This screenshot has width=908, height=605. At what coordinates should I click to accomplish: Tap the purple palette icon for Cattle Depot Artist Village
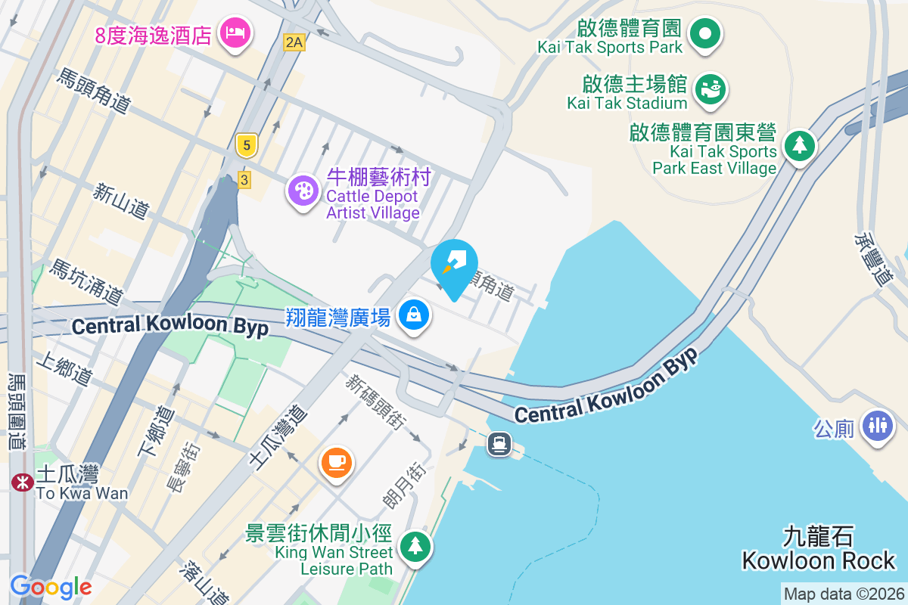coord(303,191)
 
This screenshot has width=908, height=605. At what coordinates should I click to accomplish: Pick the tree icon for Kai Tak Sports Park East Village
coord(799,144)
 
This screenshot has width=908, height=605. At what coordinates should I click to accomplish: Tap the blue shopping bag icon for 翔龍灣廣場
coord(414,315)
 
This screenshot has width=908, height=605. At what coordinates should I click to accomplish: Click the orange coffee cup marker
coord(337,461)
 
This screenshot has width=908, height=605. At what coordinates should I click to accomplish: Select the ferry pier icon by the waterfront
coord(499,443)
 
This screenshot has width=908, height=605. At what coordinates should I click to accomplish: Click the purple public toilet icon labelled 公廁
coord(877,424)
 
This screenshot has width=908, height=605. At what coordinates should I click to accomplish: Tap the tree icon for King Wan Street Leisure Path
coord(414,545)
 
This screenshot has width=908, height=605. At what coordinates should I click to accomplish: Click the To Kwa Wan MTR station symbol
coord(23,481)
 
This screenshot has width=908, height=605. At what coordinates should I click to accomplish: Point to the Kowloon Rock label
coord(819,550)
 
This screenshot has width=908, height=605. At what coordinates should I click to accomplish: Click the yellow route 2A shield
coord(294,42)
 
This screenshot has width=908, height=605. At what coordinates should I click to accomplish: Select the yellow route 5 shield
coord(244,145)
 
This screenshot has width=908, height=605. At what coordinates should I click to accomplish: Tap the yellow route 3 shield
coord(244,179)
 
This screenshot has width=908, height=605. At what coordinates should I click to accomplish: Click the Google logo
coord(51,587)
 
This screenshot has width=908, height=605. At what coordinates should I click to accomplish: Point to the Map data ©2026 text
coord(843,594)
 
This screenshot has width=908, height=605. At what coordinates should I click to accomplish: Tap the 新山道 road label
coord(121,201)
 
